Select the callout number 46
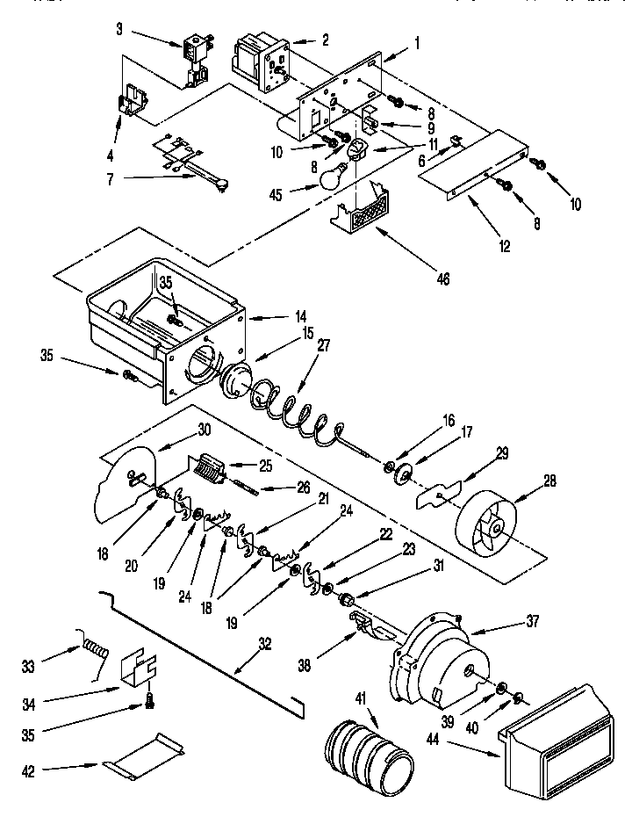[x=443, y=279]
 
